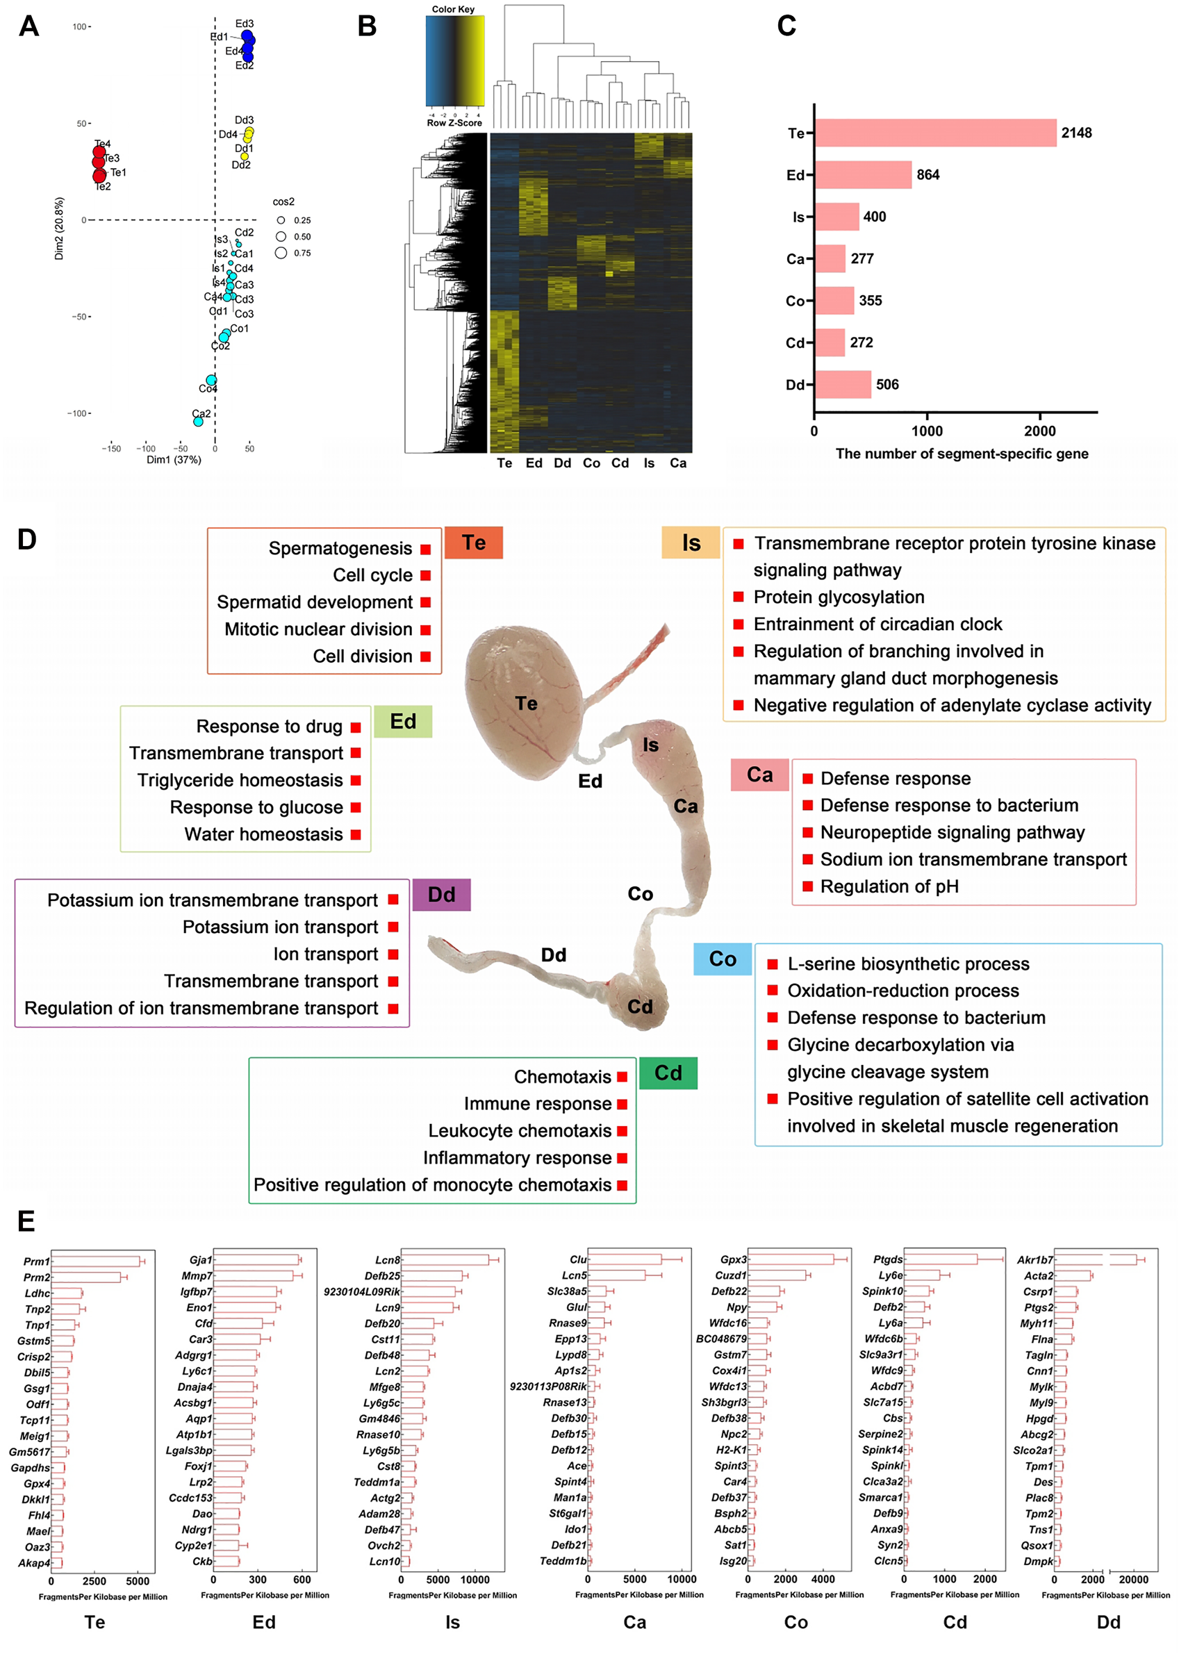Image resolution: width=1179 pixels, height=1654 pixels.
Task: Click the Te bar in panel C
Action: pos(935,133)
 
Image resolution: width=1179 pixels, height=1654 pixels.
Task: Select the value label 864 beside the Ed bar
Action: pos(927,175)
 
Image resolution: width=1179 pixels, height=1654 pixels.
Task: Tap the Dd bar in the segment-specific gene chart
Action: pos(843,385)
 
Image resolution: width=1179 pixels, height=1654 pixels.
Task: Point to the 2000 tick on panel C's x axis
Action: pos(1039,431)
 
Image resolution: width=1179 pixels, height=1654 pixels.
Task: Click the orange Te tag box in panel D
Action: pos(473,543)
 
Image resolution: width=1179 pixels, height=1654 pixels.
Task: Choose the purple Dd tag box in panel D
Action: pos(441,895)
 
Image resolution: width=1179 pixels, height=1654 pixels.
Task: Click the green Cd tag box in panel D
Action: pos(668,1073)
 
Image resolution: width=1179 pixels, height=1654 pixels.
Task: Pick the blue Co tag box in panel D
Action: pos(723,959)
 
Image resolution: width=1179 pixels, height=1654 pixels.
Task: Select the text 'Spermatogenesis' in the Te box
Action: pos(340,549)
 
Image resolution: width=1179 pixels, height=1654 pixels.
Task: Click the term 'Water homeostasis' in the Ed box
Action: pos(263,834)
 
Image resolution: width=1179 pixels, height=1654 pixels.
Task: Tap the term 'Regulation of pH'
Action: pos(889,887)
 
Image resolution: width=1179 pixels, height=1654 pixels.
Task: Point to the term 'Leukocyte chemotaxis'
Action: pos(520,1132)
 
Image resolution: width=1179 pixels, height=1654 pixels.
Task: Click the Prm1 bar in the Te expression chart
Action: pos(95,1262)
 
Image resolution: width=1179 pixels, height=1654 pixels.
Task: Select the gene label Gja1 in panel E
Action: pos(199,1260)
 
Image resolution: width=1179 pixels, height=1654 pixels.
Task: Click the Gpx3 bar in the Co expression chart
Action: pos(791,1259)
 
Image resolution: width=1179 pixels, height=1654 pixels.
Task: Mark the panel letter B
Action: pos(368,27)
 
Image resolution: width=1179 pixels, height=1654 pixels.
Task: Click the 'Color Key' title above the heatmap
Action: pos(453,10)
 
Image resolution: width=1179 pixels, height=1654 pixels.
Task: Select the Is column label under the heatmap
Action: pos(649,463)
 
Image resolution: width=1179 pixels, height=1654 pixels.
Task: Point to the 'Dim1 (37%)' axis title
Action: pos(174,460)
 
